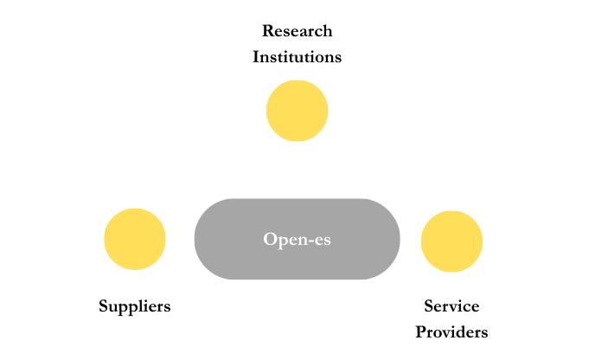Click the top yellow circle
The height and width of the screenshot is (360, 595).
297,111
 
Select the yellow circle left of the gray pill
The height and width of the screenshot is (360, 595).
135,239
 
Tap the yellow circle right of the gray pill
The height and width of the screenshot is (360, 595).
451,241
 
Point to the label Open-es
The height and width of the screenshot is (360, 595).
297,239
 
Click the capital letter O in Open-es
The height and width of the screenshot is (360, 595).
270,239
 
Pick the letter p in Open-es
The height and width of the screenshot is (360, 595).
282,241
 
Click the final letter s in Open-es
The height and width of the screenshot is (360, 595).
326,240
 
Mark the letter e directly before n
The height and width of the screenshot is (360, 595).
291,240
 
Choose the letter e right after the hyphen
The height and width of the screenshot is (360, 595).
317,240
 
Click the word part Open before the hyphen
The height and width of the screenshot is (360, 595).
285,239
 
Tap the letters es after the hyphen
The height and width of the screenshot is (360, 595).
322,240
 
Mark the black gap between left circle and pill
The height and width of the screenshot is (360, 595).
180,239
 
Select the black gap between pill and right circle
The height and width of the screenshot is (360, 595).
411,240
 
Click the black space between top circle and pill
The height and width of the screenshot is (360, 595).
297,170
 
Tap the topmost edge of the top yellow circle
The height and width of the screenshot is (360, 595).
297,81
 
